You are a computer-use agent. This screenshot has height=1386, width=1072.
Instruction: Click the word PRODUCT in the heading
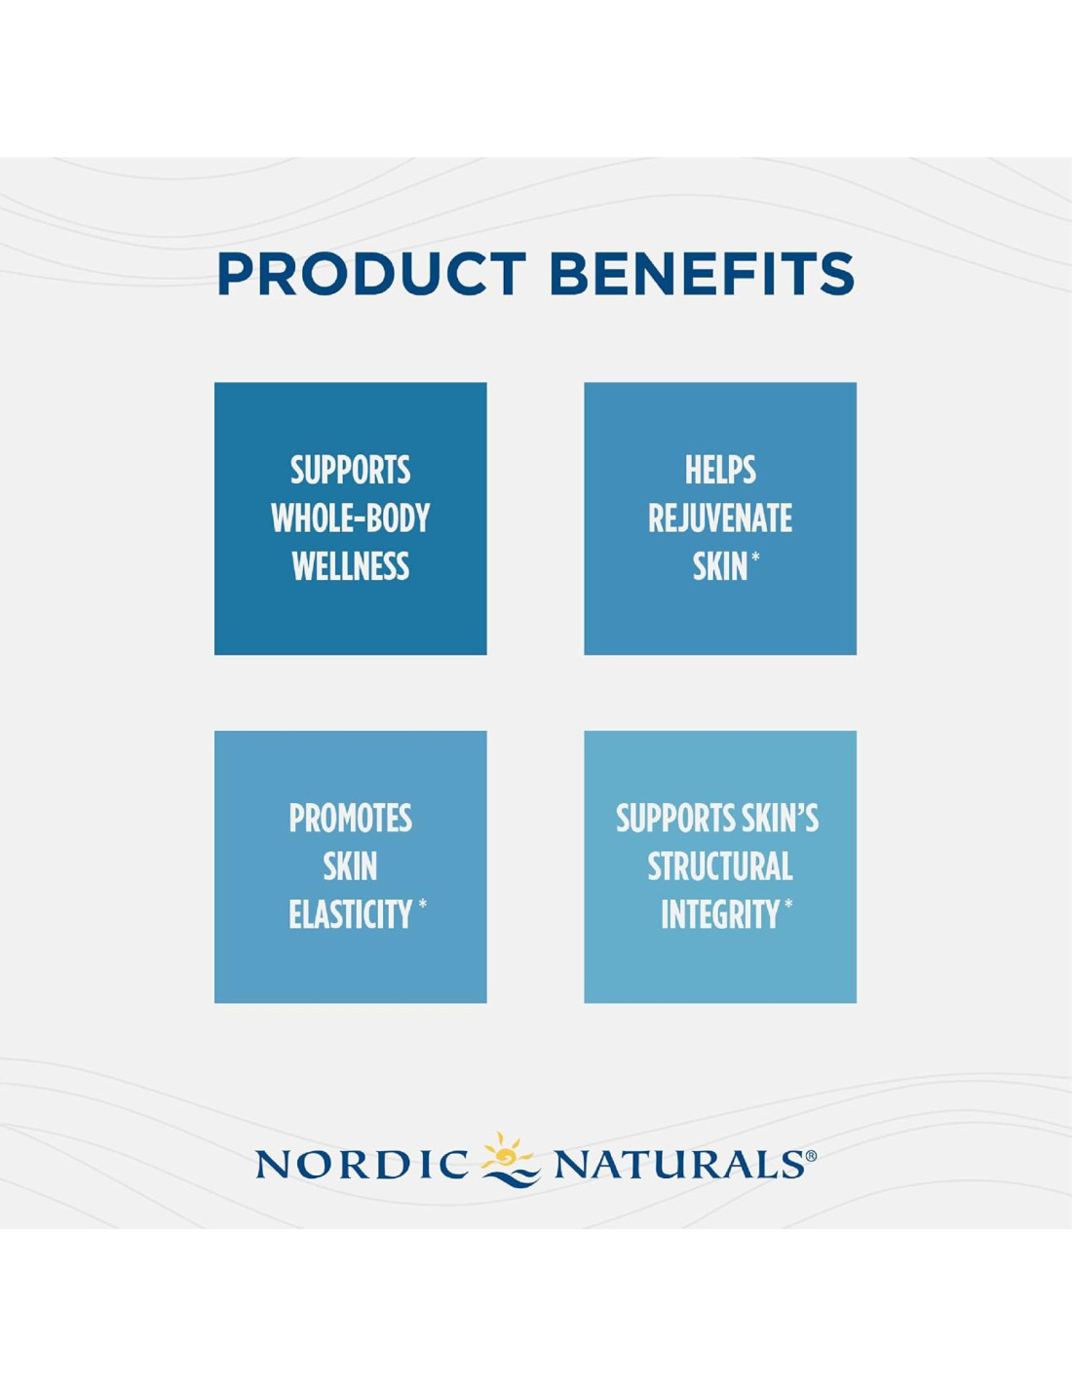[x=371, y=274]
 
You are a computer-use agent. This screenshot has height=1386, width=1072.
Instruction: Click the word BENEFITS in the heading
[x=702, y=274]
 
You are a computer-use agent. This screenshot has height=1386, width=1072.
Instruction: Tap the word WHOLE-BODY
[x=351, y=518]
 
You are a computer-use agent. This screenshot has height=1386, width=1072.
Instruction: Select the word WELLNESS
[x=351, y=565]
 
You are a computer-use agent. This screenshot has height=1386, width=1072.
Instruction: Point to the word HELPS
[x=720, y=470]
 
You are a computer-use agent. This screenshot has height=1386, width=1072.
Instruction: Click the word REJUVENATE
[x=720, y=518]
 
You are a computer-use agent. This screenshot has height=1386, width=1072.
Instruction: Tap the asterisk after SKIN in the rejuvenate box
[x=755, y=558]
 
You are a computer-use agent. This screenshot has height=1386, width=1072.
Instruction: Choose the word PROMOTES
[x=351, y=819]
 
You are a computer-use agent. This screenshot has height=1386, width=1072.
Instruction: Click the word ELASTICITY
[x=350, y=914]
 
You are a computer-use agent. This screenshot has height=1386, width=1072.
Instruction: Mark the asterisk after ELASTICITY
[x=423, y=905]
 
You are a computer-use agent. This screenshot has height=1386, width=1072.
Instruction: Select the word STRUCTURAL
[x=720, y=866]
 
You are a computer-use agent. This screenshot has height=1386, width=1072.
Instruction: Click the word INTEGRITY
[x=720, y=914]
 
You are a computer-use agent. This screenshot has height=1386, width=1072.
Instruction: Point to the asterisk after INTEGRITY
[x=788, y=905]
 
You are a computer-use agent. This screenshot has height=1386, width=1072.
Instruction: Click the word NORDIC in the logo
[x=363, y=1164]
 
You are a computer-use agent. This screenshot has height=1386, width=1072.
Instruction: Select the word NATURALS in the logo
[x=676, y=1164]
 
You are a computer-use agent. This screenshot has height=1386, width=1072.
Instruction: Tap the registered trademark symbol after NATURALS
[x=811, y=1154]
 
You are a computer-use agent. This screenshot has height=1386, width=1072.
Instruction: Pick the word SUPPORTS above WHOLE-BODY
[x=351, y=470]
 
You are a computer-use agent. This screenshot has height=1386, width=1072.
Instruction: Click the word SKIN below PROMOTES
[x=350, y=866]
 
